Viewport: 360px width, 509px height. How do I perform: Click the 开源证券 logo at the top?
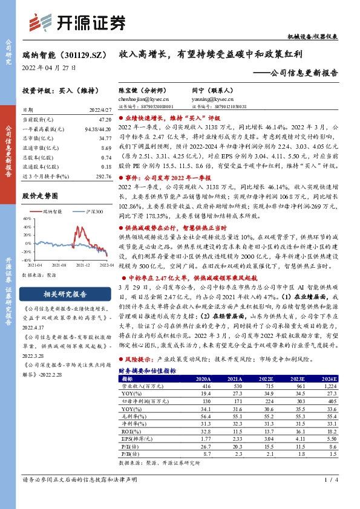(x=78, y=22)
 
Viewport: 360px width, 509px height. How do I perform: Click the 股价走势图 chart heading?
(x=40, y=196)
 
